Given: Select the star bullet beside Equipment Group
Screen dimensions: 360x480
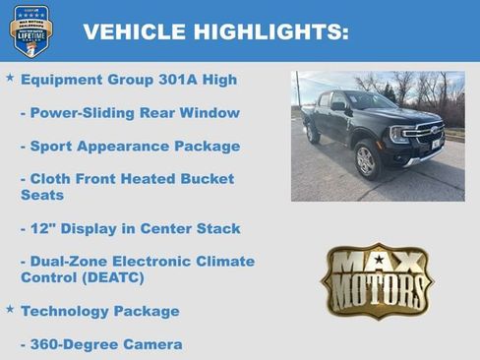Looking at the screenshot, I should coord(10,77).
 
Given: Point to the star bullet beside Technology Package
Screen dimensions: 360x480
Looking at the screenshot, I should coord(10,309).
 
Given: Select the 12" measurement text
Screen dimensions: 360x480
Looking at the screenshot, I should coord(41,228).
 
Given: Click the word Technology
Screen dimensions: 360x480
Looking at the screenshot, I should coord(65,311).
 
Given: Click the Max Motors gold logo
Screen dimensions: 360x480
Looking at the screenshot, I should coord(377,278).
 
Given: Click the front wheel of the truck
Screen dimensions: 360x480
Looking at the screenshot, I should coord(366,160).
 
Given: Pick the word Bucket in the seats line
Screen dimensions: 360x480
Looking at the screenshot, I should coord(209,179).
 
